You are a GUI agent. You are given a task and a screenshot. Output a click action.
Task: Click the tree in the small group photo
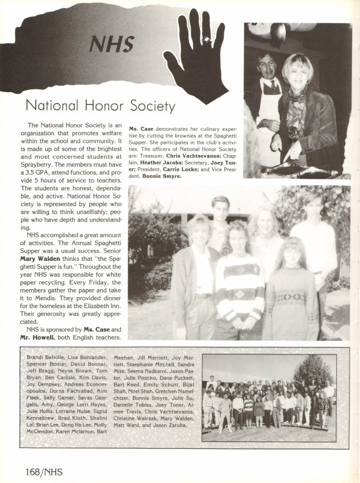pos(313,369)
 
